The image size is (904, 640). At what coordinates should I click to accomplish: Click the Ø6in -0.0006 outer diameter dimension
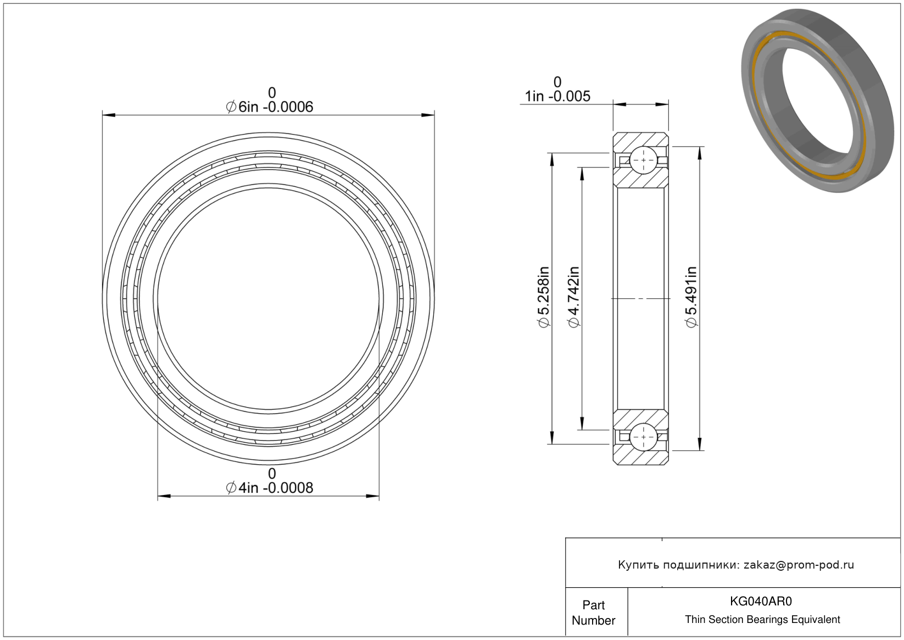[x=269, y=107]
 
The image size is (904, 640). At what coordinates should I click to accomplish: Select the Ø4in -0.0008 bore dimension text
[x=269, y=488]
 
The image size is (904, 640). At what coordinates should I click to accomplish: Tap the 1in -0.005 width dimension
[x=557, y=97]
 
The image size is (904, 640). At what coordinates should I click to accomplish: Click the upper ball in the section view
[x=643, y=160]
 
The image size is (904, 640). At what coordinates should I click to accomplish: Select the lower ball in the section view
[x=643, y=437]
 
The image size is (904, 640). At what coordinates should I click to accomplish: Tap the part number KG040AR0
[x=761, y=601]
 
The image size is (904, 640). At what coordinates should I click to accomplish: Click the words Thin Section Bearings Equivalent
[x=762, y=619]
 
